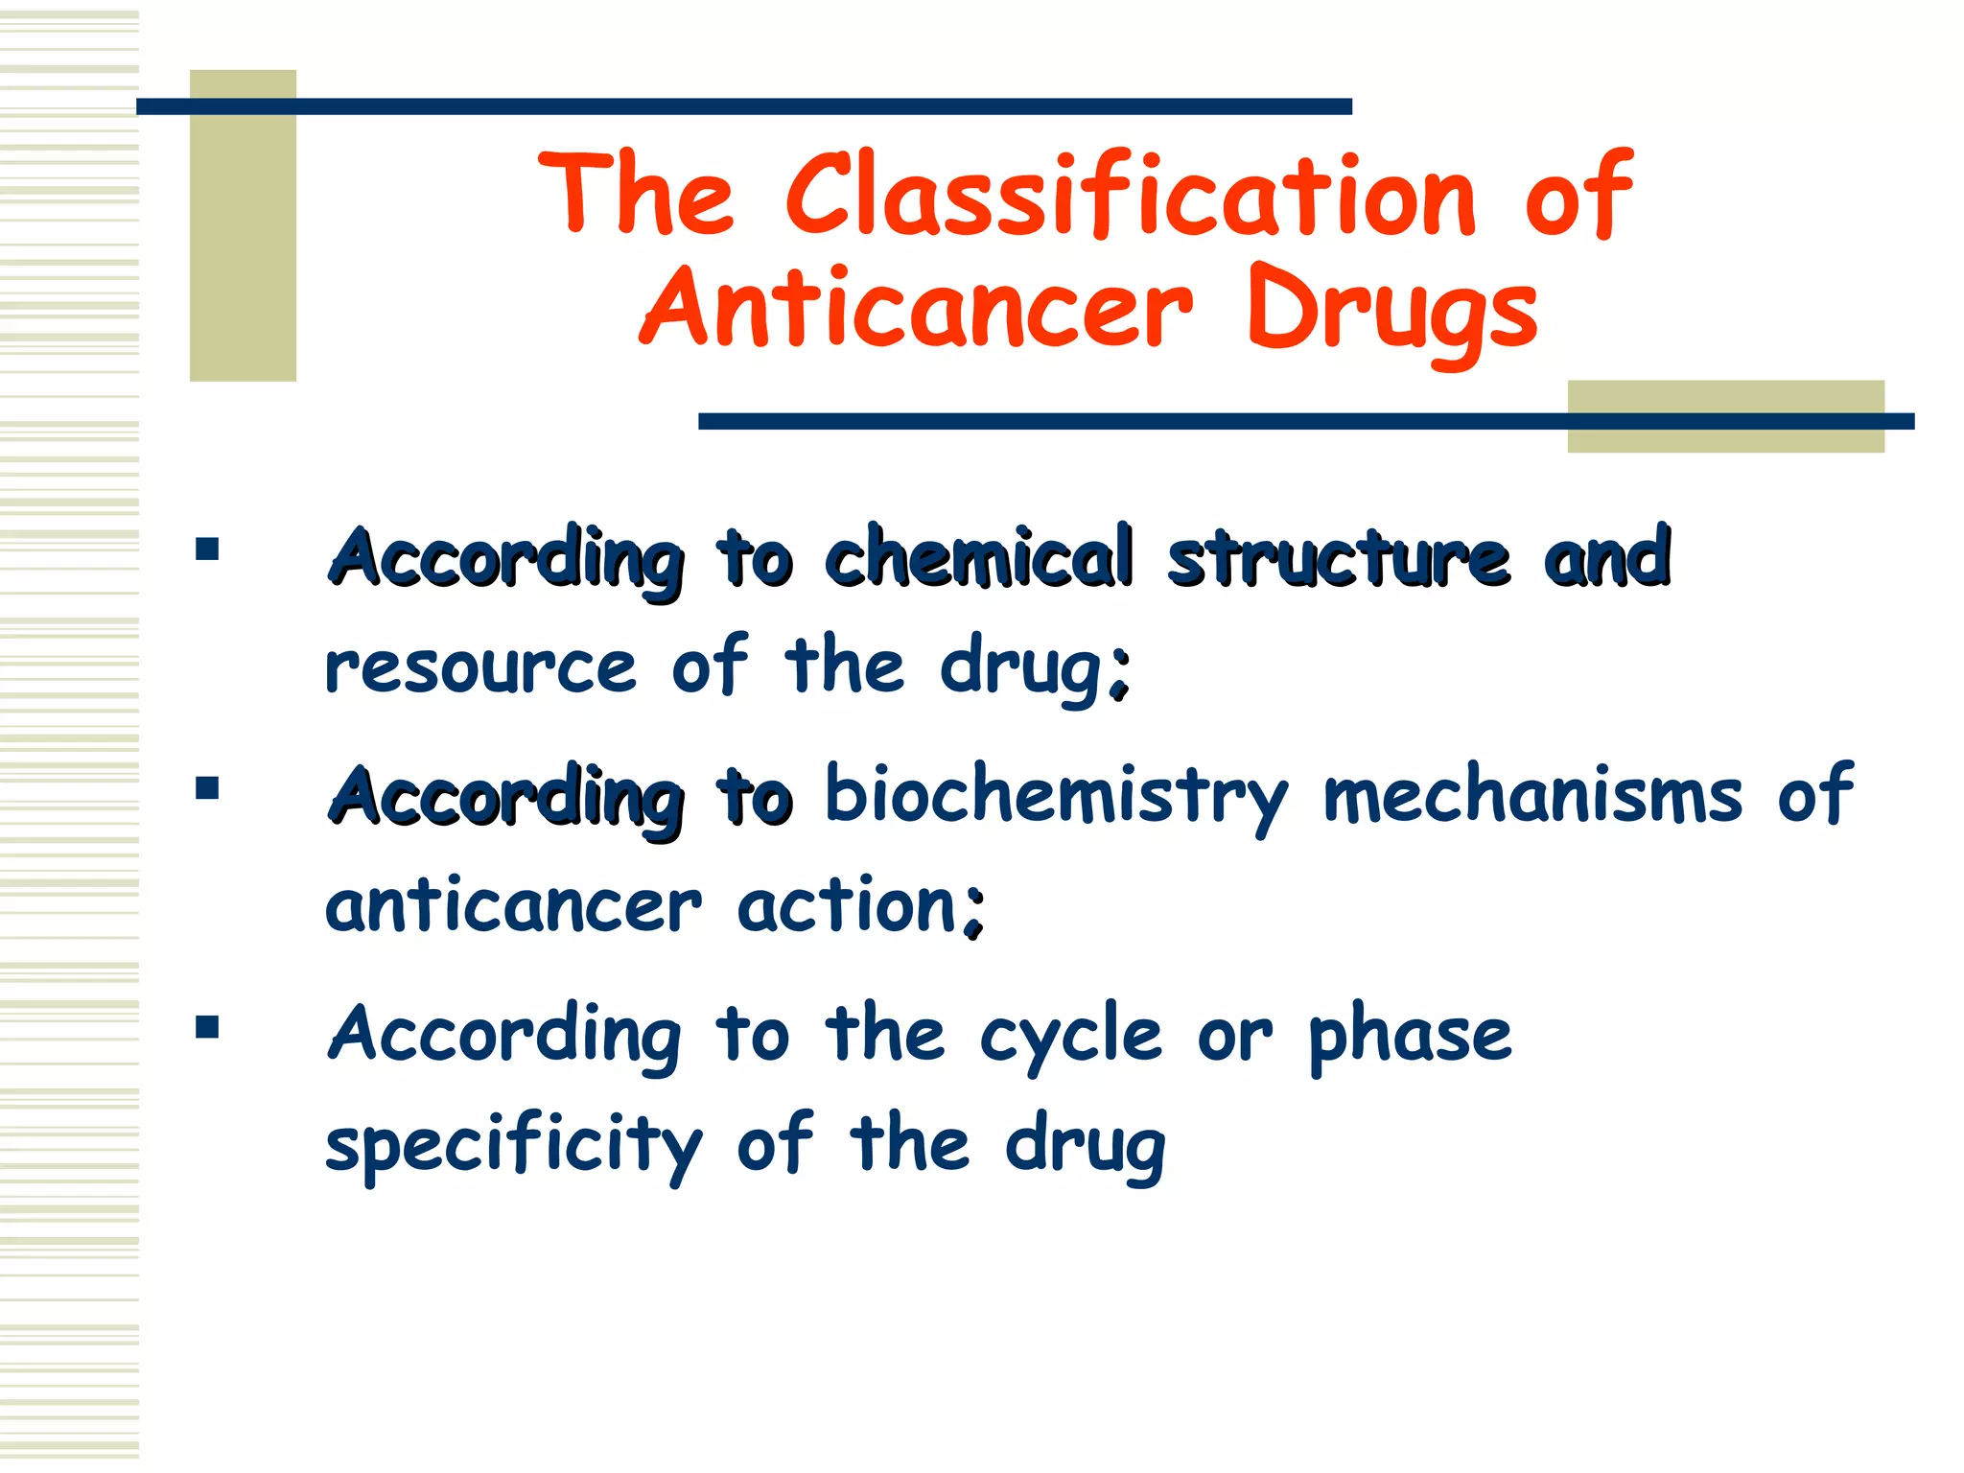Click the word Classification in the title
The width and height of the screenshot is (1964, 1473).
1132,197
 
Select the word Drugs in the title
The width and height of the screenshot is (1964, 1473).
1392,312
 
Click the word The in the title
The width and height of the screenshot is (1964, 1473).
638,195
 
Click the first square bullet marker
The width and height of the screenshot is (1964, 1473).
206,549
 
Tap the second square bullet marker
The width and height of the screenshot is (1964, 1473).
206,788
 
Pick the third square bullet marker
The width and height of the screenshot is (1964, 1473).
206,1028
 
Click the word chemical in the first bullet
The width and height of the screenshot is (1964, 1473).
979,557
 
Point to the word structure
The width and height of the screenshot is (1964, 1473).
1339,559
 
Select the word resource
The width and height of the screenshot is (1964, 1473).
480,667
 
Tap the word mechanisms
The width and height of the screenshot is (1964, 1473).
1532,796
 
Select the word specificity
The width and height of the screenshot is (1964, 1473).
514,1147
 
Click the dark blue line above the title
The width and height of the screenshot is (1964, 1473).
743,106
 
